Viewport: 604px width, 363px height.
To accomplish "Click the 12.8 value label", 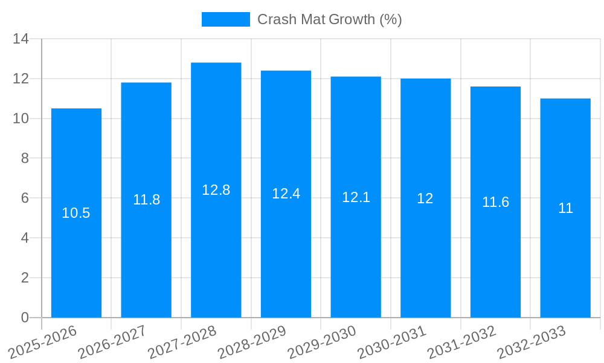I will [216, 190].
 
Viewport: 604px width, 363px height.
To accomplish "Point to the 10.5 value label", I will [76, 213].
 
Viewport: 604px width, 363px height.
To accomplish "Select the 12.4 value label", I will [286, 194].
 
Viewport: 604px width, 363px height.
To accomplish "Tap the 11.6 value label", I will [495, 202].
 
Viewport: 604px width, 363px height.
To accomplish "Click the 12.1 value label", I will [356, 197].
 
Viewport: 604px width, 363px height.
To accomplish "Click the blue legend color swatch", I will [225, 19].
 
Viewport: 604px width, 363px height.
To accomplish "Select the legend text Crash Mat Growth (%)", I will [330, 19].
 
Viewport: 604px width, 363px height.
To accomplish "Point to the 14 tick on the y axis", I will [21, 39].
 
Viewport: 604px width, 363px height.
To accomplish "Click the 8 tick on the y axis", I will [25, 159].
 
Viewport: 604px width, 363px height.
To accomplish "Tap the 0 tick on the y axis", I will [25, 318].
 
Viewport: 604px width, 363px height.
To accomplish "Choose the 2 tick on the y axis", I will [25, 278].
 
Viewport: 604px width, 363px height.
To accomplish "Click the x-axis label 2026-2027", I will [112, 342].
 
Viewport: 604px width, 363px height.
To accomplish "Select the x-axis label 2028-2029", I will [252, 342].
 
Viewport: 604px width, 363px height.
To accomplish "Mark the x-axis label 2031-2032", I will [462, 342].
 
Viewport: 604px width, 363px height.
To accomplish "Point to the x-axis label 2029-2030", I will [322, 342].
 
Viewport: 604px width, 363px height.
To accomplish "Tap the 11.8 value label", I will [146, 200].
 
